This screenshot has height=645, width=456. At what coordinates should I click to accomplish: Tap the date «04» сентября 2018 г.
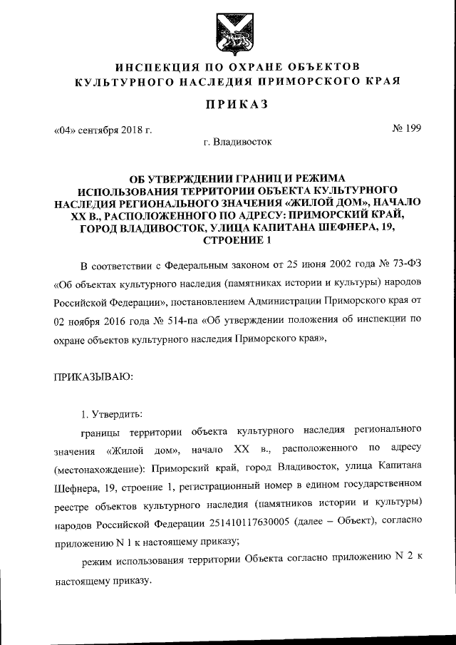[103, 131]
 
